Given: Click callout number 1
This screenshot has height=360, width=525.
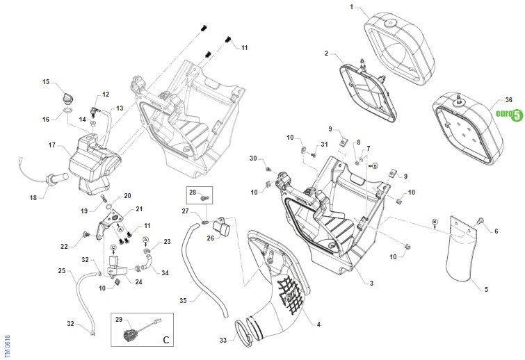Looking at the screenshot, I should pos(352,7).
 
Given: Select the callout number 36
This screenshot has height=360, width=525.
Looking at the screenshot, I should pos(508,100).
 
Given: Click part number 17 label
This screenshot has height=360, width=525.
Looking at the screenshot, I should pos(51,145).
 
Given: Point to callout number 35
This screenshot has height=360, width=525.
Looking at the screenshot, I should pos(184,300).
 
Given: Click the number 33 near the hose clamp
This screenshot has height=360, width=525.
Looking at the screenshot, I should pos(223,341).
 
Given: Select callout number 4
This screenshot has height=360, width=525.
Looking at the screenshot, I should pos(318,324).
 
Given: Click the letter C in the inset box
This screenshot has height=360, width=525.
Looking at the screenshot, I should pos(165,340).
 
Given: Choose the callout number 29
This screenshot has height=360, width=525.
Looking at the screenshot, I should pos(119,320).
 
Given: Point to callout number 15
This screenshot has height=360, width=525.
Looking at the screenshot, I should pos(46,82).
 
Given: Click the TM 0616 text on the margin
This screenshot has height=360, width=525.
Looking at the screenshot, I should pos(7,345).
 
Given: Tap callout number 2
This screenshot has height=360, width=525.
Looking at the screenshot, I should pos(325,53).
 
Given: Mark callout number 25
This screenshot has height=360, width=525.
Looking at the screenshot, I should pos(61,270).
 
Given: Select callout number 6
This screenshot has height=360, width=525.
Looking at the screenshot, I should pos(496,231).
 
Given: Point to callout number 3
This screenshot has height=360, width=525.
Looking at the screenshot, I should pos(371,283).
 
